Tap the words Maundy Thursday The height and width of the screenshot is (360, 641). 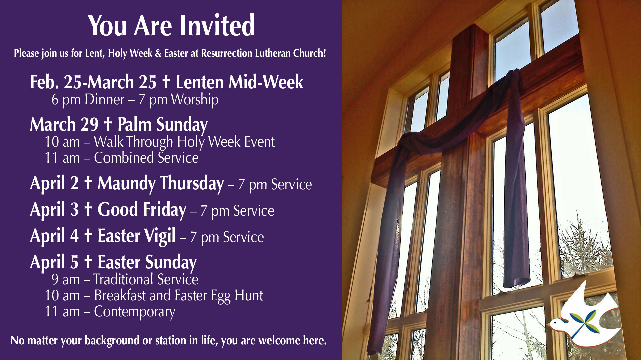[161, 183]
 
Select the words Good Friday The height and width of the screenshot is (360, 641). [142, 210]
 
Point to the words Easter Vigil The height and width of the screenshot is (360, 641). [137, 236]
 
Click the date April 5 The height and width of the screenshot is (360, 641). [54, 262]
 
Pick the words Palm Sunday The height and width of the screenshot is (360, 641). [162, 125]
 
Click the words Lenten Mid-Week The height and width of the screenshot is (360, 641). [239, 82]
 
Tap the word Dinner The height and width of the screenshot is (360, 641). [104, 100]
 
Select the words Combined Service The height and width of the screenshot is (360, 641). [146, 158]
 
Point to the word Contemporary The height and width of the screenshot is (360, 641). [135, 312]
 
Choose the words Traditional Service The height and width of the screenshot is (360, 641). [146, 279]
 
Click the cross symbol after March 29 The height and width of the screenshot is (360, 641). [108, 124]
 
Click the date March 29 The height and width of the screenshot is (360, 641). [64, 125]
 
